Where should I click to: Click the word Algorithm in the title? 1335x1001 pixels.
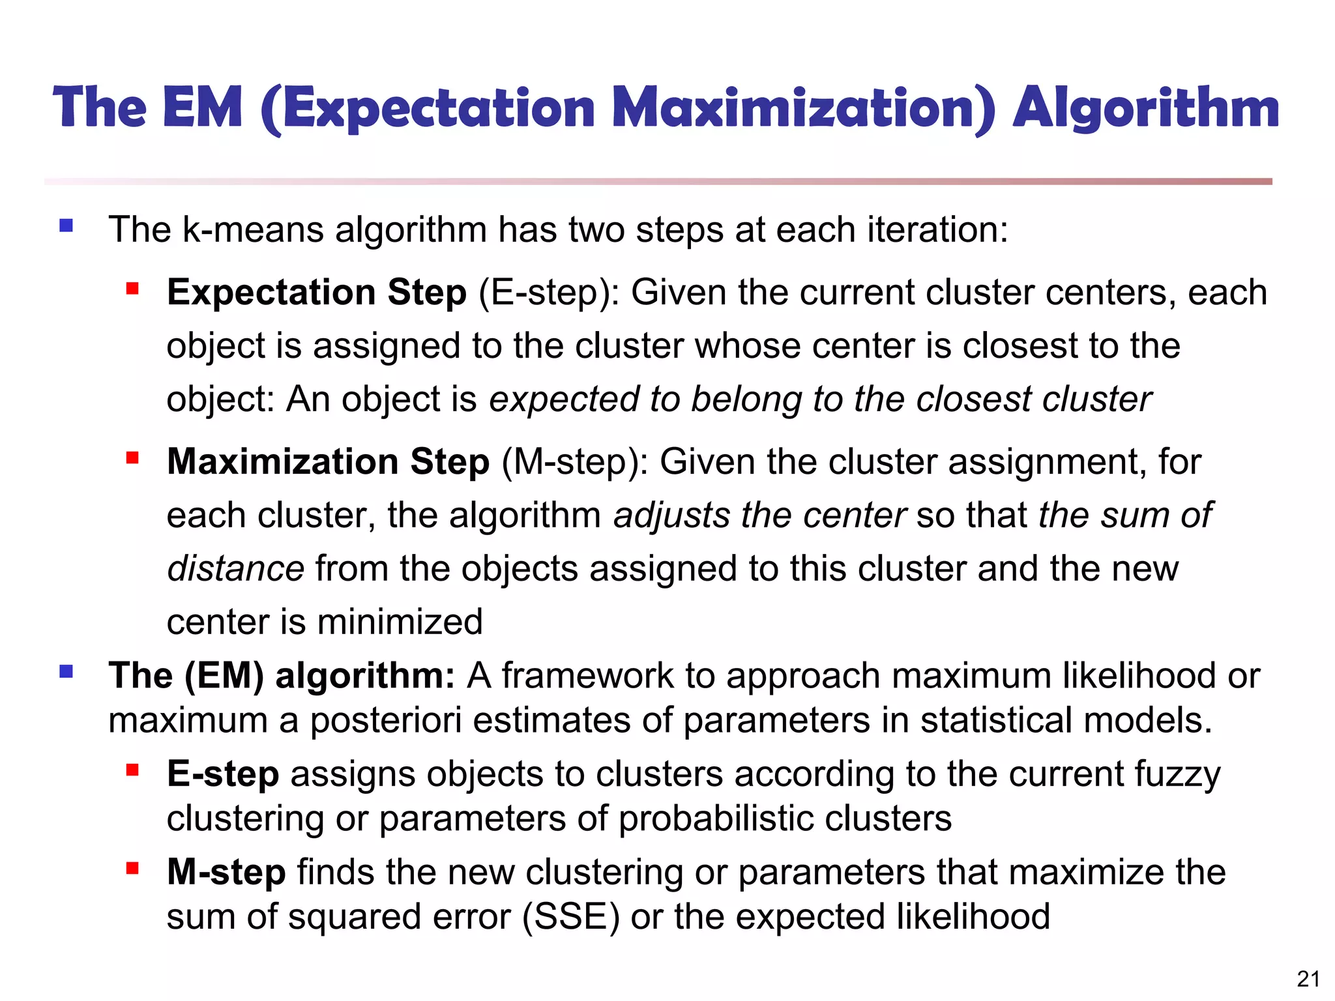(1145, 108)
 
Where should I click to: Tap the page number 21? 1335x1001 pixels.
(1308, 979)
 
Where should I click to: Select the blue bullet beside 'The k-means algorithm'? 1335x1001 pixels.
(66, 225)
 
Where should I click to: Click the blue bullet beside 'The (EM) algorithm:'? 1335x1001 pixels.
(66, 671)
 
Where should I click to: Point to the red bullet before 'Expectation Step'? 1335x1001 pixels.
(133, 288)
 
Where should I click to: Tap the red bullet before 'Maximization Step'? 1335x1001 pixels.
(133, 458)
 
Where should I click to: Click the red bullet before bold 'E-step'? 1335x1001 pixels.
(133, 770)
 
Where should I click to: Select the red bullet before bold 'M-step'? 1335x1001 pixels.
(133, 868)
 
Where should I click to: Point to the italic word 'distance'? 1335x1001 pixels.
(235, 569)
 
